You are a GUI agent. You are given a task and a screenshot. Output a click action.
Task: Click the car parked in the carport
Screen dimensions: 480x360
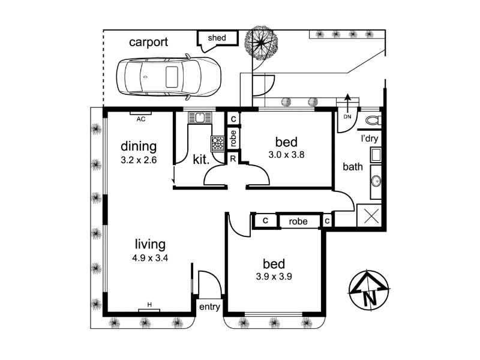[169, 77]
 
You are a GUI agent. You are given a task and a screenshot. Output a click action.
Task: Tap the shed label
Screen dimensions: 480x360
[217, 38]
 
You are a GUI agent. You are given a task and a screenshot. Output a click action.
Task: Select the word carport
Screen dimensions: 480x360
[148, 42]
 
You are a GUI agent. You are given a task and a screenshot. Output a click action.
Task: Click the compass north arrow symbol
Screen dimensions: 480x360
[370, 290]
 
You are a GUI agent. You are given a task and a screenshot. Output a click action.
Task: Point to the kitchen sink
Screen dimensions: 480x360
[200, 118]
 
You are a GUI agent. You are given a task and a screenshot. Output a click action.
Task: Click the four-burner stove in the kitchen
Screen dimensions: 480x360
[218, 144]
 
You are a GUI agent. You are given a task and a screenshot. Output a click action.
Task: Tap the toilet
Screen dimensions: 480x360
[373, 121]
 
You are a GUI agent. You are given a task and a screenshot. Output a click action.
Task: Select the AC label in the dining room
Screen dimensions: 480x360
[141, 119]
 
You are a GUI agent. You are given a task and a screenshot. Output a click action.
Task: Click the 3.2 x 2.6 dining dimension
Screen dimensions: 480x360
[139, 160]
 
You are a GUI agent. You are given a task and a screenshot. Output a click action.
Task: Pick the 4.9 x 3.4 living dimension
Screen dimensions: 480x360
[150, 258]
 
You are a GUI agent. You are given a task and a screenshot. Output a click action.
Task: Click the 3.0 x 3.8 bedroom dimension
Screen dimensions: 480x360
[286, 155]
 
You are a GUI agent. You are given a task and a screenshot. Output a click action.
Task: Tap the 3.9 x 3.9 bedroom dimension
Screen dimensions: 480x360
[274, 277]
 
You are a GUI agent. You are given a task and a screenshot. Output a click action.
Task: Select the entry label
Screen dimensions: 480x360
[209, 307]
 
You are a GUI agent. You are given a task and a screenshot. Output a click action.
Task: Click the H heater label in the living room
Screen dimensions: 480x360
[149, 305]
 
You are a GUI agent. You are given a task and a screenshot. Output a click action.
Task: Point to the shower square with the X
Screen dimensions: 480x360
[369, 215]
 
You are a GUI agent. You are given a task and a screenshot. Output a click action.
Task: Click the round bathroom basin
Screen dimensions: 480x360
[376, 181]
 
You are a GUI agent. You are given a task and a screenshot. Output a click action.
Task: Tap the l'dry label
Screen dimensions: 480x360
[370, 139]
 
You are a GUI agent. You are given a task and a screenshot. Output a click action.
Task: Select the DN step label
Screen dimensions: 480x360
[347, 116]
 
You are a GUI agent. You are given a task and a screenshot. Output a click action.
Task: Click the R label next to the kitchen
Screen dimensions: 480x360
[233, 159]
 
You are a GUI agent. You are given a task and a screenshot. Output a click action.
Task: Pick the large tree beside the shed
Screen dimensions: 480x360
[261, 43]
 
